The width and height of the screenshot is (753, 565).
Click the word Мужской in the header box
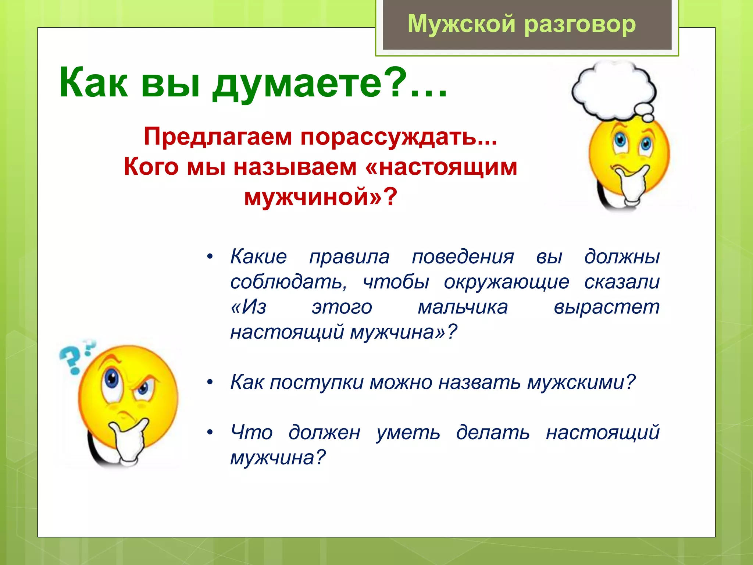461,24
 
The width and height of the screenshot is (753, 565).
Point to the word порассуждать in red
399,137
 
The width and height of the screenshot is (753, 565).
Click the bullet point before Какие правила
210,256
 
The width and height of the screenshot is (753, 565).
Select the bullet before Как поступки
210,382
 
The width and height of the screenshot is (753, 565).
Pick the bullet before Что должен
210,432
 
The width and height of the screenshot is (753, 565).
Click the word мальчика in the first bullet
463,307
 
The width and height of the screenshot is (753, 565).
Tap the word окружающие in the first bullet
506,282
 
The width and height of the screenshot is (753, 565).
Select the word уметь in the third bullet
408,433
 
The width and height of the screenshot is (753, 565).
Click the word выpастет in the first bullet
606,307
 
